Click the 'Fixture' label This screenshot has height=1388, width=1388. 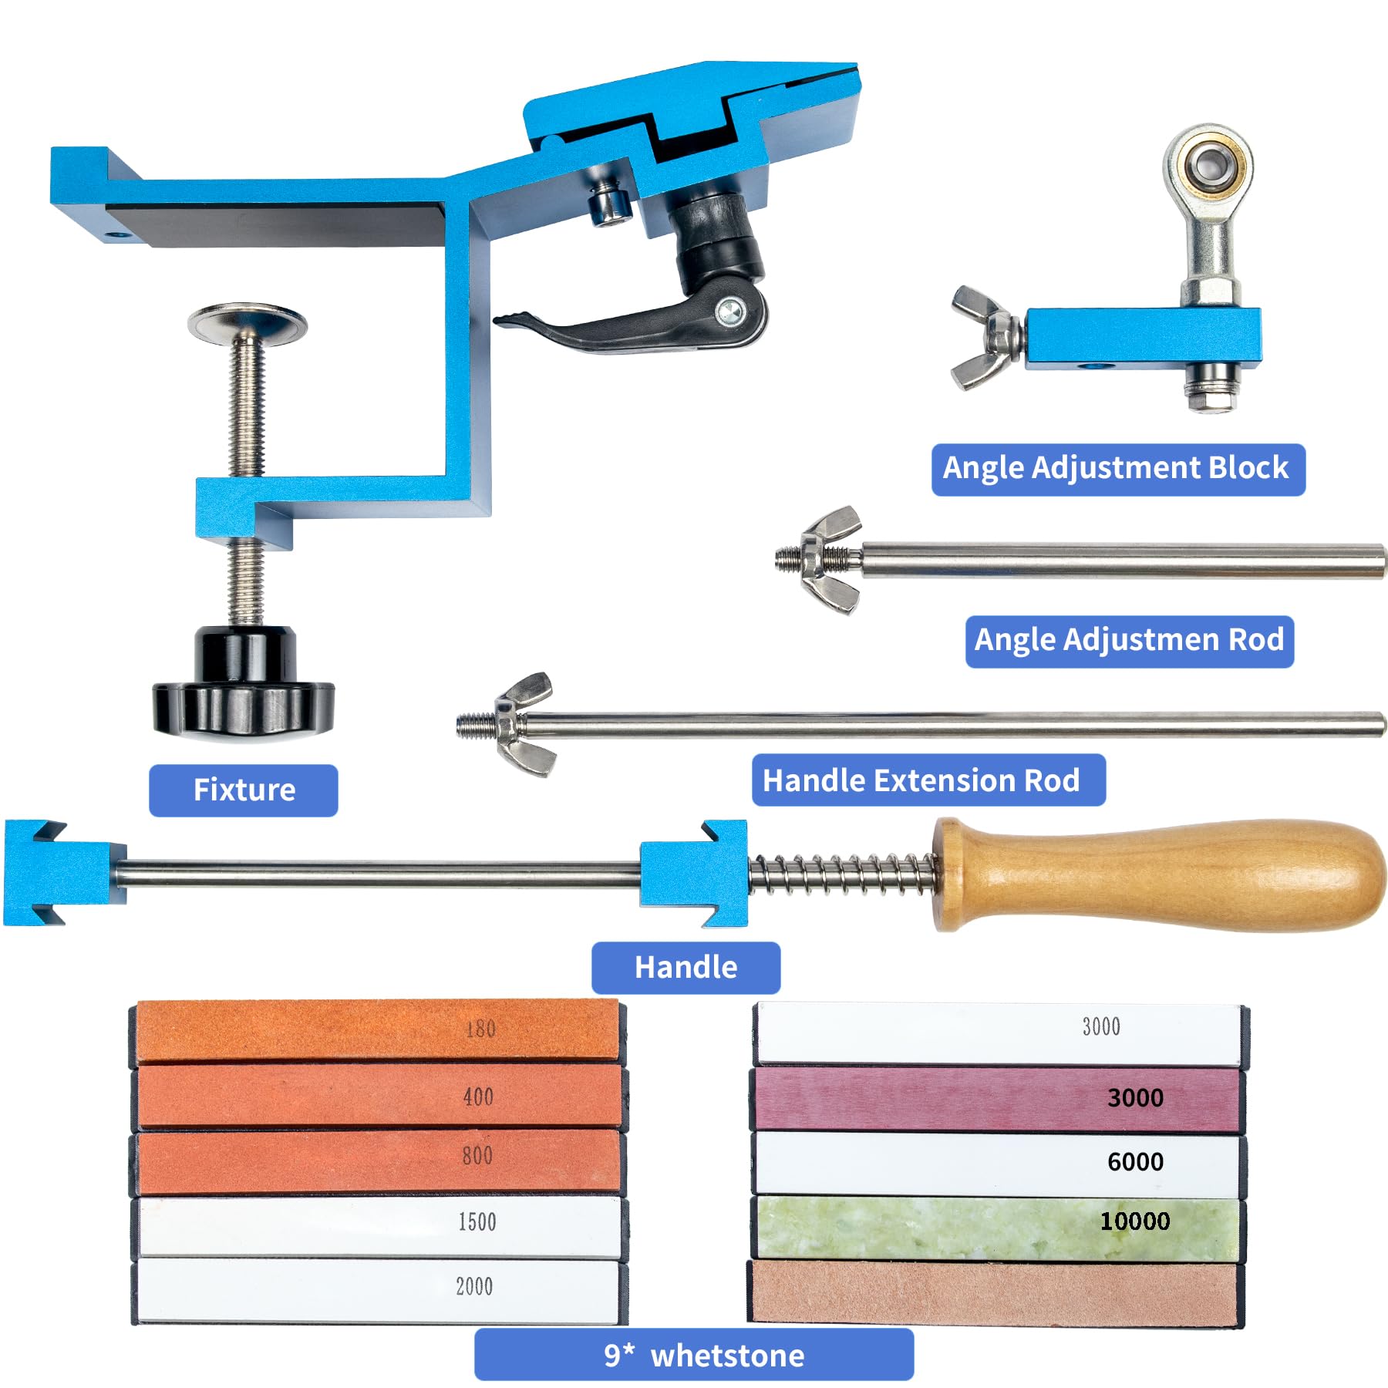[x=244, y=790]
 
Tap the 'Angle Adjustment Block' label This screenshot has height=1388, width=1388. [x=1118, y=469]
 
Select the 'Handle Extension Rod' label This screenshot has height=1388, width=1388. [x=928, y=780]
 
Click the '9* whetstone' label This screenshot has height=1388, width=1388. [x=694, y=1355]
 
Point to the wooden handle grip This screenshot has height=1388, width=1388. [x=1157, y=875]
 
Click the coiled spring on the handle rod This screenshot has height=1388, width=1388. [x=842, y=875]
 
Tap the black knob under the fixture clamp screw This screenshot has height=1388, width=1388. [x=244, y=682]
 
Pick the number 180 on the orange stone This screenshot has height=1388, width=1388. [x=480, y=1029]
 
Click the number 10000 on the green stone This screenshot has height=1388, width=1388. [x=1134, y=1221]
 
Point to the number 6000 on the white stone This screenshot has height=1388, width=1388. [x=1135, y=1161]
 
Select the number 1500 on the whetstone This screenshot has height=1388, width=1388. [x=477, y=1221]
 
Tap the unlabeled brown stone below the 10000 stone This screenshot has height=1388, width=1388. [x=996, y=1292]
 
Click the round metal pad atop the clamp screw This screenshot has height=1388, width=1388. [x=247, y=322]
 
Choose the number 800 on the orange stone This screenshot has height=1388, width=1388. [x=477, y=1155]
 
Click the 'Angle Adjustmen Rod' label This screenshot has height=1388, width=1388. [x=1130, y=641]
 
